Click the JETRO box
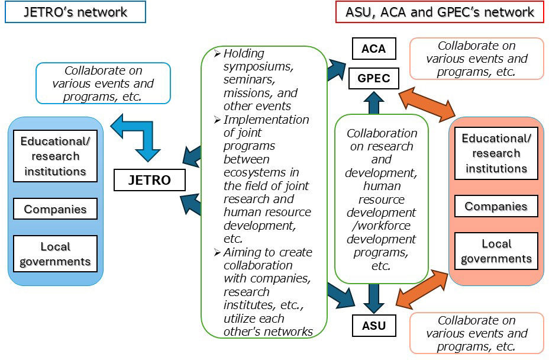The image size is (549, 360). click(x=149, y=180)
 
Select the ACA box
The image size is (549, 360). click(x=373, y=49)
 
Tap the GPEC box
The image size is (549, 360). click(x=373, y=78)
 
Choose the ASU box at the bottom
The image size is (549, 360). click(x=373, y=326)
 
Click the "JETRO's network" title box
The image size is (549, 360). click(x=75, y=12)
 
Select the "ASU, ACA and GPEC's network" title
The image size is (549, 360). click(x=440, y=12)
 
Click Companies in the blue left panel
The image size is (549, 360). click(x=55, y=209)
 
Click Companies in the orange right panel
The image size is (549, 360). click(x=496, y=207)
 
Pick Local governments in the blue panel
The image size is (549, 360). click(x=55, y=254)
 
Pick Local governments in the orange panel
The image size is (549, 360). click(x=496, y=251)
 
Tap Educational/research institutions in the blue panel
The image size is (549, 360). click(x=55, y=156)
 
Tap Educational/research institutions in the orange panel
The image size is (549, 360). click(x=496, y=153)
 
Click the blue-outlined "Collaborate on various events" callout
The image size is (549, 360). click(x=103, y=83)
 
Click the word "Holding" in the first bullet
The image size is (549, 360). click(x=243, y=54)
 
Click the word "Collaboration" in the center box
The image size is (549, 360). click(x=382, y=133)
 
